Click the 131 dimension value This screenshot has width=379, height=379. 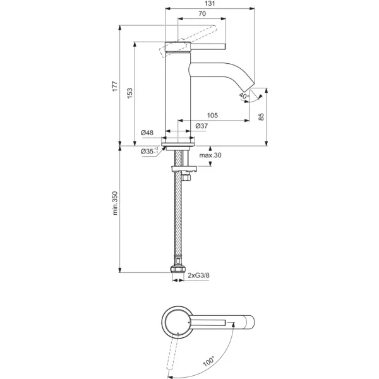[x=210, y=4]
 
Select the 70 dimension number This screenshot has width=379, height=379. [x=202, y=14]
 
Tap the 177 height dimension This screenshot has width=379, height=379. [x=115, y=86]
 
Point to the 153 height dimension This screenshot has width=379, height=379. [x=129, y=93]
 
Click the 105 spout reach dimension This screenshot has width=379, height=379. [x=212, y=116]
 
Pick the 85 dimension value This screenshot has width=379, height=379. [x=262, y=117]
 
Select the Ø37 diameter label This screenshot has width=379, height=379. [x=202, y=126]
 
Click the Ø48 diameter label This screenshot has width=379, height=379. [x=147, y=133]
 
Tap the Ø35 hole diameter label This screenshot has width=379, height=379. [x=149, y=151]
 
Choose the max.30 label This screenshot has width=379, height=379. [x=210, y=155]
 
